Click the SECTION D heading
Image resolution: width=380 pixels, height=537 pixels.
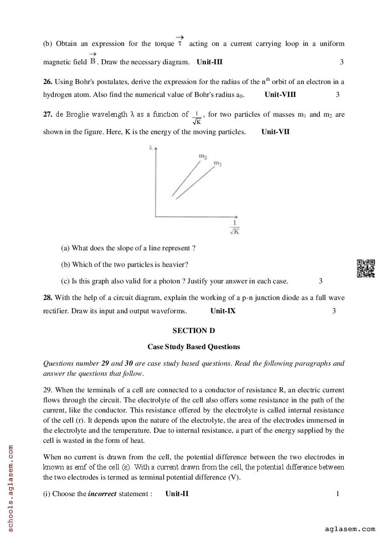[193, 330]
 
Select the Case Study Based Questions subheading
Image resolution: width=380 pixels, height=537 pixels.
[193, 347]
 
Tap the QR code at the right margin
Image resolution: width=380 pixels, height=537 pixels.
[366, 269]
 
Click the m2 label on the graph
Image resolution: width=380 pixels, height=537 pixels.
[203, 157]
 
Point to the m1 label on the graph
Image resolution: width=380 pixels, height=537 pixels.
[217, 163]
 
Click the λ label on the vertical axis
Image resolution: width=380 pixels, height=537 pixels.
[151, 148]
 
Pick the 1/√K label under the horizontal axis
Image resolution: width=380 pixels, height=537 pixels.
[234, 228]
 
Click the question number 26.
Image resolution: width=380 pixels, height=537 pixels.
[48, 82]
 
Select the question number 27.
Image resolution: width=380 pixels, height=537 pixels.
[48, 114]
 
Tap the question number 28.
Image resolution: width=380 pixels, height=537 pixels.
[48, 298]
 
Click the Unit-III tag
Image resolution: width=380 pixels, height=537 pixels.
[210, 62]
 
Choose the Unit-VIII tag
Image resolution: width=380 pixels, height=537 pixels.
[280, 95]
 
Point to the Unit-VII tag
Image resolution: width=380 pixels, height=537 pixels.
[275, 132]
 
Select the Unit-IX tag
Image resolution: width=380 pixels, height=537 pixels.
[223, 311]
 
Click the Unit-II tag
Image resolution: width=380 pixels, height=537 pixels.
[177, 494]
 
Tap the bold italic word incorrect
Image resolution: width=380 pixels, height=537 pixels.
[102, 494]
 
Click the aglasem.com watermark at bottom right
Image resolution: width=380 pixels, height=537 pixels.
[350, 529]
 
